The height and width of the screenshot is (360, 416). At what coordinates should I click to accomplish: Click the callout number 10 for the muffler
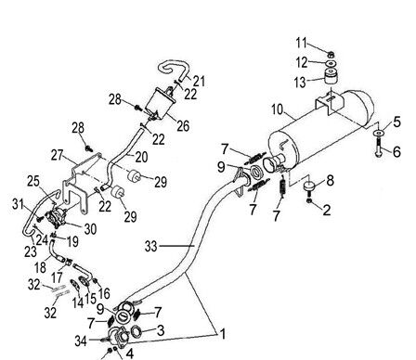(278, 109)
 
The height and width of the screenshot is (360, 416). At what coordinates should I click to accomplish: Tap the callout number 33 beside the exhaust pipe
(151, 247)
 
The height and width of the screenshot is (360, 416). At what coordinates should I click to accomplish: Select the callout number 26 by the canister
(183, 126)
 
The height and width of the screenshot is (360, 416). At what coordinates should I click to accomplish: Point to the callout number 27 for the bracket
(58, 155)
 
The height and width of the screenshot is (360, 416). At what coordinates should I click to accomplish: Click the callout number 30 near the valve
(90, 229)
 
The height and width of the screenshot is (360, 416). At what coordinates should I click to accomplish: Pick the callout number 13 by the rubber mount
(300, 83)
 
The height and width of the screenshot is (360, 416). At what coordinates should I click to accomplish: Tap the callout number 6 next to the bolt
(396, 151)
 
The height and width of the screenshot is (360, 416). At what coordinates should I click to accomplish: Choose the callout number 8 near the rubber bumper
(331, 180)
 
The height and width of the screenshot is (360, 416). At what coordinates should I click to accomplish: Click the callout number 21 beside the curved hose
(199, 81)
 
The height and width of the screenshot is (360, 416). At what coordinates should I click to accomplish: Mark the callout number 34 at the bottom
(81, 341)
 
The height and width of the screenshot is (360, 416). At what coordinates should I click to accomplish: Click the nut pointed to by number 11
(331, 55)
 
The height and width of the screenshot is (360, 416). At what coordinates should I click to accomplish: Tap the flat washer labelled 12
(331, 63)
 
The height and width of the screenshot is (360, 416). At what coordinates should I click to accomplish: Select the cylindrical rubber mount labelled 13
(331, 76)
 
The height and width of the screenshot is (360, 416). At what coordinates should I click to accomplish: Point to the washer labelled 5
(378, 134)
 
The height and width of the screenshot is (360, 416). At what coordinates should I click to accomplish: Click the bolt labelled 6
(378, 148)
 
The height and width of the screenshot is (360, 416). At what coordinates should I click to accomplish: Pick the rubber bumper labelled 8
(308, 187)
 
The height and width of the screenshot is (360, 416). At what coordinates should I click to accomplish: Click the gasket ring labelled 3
(136, 331)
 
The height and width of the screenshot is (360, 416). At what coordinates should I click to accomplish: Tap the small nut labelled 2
(309, 201)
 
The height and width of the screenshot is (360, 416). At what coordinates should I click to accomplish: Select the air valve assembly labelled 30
(57, 216)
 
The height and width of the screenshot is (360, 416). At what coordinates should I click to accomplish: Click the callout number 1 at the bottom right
(222, 334)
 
